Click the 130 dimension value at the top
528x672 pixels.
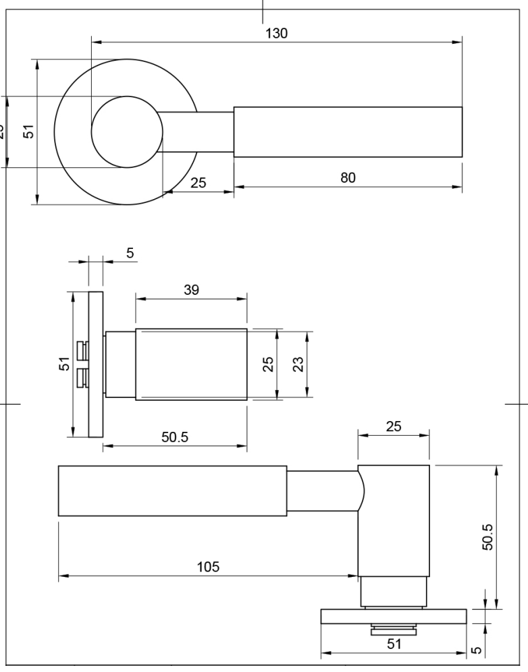(275, 34)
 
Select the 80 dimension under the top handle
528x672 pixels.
(347, 177)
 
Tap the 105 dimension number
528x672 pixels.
(207, 567)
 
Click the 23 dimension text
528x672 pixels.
(298, 364)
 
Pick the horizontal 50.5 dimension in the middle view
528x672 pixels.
(174, 437)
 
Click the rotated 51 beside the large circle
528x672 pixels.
(28, 131)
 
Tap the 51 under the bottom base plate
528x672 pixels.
(393, 644)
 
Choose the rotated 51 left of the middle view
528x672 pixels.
(63, 364)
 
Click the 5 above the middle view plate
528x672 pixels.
(130, 252)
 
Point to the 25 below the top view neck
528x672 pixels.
(199, 183)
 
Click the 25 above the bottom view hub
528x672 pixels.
(392, 426)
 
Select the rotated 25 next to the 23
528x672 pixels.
(268, 364)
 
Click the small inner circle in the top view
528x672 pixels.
(126, 132)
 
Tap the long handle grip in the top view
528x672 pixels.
(348, 132)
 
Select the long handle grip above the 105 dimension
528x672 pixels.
(172, 491)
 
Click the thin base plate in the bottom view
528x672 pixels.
(393, 616)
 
